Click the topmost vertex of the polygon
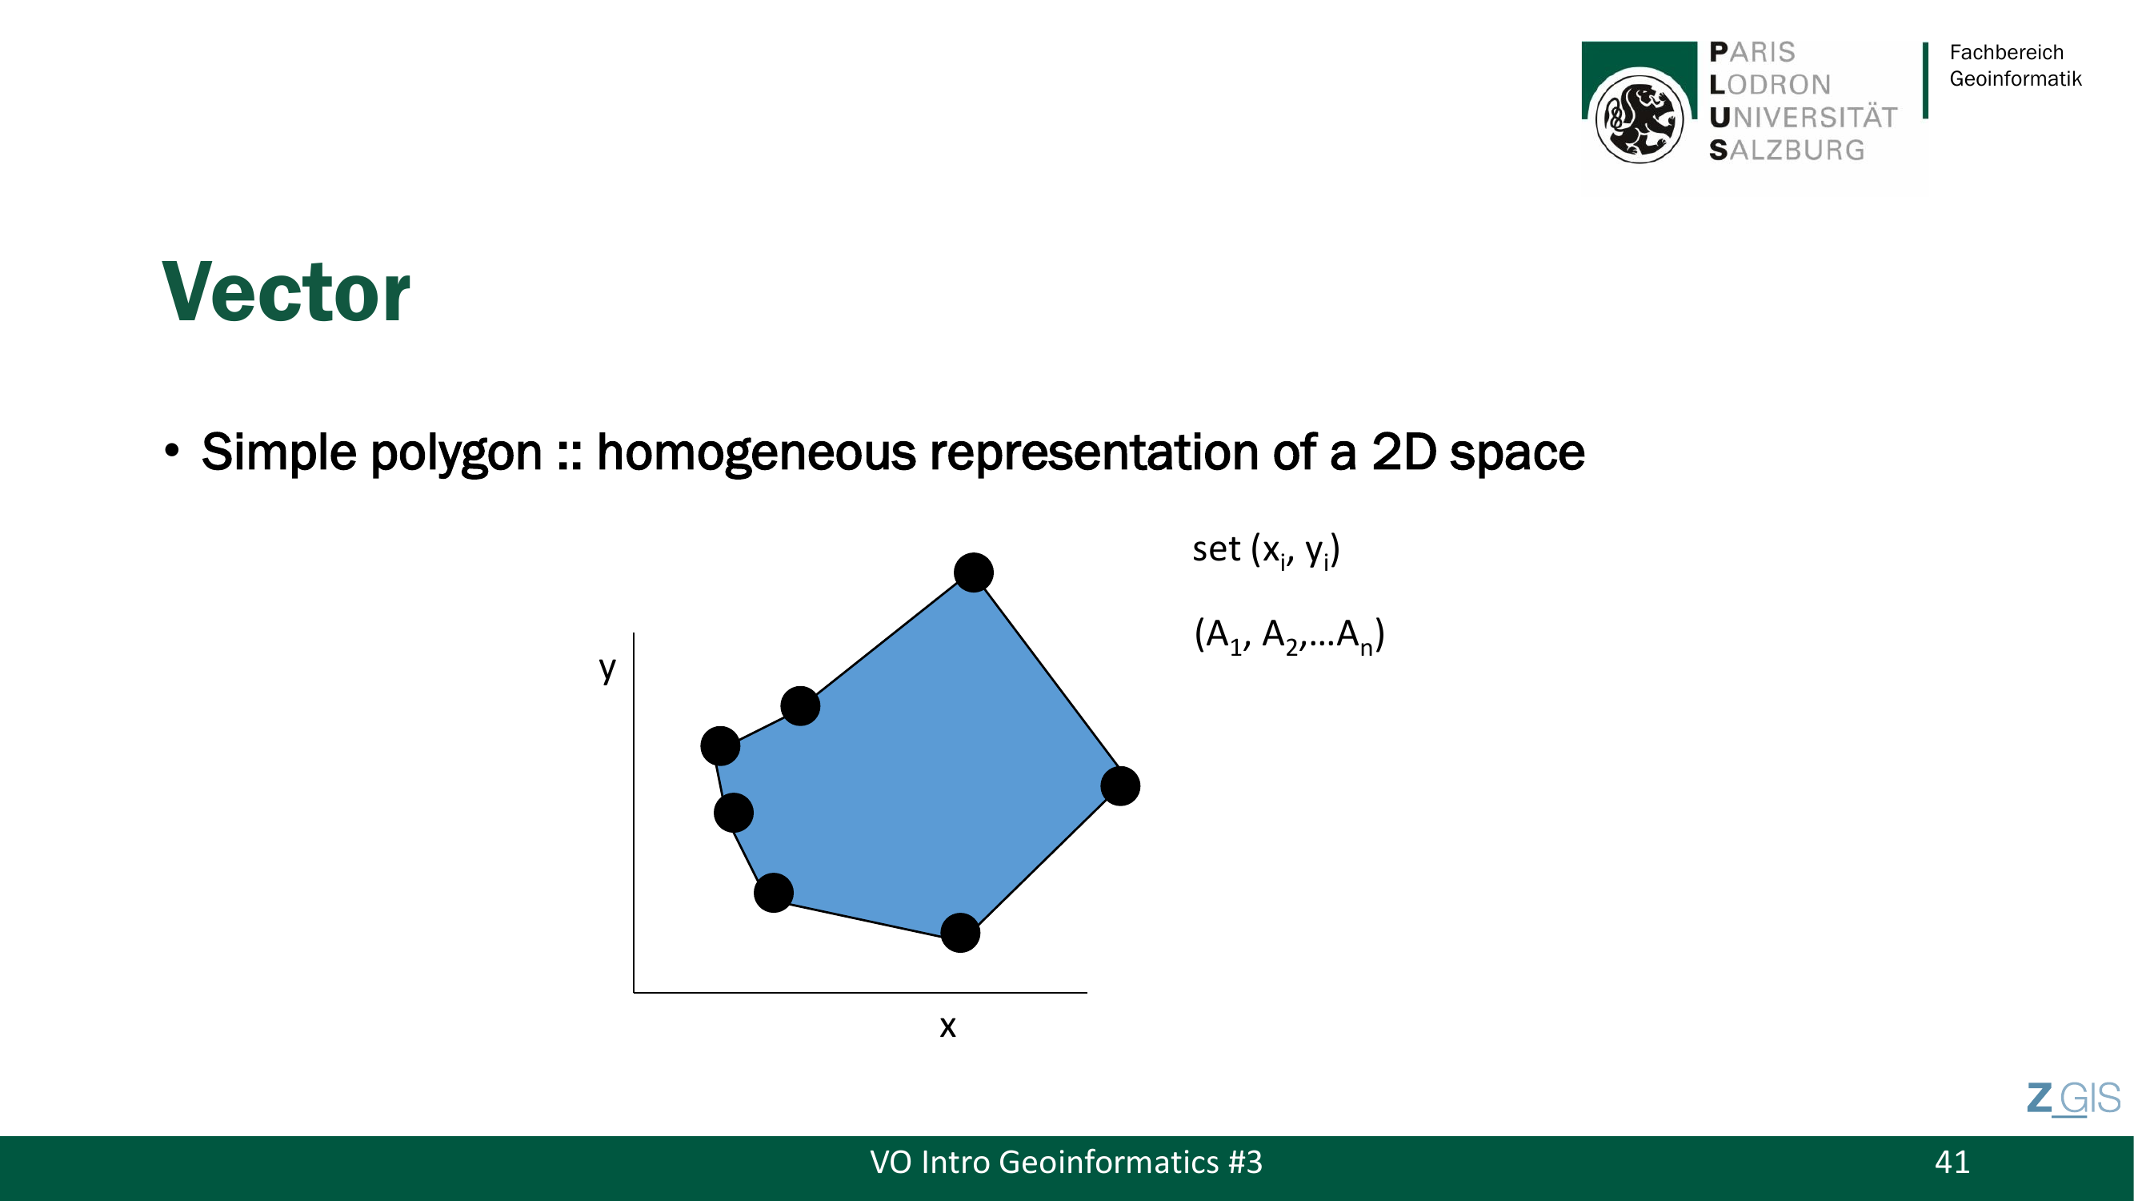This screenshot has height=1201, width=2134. tap(974, 572)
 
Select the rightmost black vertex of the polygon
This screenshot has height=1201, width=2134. tap(1120, 785)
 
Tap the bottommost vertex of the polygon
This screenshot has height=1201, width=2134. tap(960, 933)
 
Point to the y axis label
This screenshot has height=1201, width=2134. tap(607, 668)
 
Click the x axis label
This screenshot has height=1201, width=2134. tap(947, 1027)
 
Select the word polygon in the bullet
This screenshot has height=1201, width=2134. tap(455, 454)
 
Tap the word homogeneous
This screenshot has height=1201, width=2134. tap(755, 454)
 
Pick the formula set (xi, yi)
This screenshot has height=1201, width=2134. tap(1266, 550)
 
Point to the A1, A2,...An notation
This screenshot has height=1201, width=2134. tap(1289, 636)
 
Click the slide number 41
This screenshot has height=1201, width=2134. tap(1952, 1162)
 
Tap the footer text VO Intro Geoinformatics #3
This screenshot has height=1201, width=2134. tap(1065, 1162)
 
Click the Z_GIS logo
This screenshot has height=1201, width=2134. tap(2072, 1099)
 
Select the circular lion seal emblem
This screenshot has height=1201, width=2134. tap(1639, 117)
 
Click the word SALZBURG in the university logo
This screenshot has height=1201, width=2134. tap(1787, 150)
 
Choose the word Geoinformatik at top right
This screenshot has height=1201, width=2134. tap(2015, 78)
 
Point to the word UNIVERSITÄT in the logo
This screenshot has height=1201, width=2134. tap(1803, 117)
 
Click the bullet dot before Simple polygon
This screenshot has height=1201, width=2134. tap(171, 450)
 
